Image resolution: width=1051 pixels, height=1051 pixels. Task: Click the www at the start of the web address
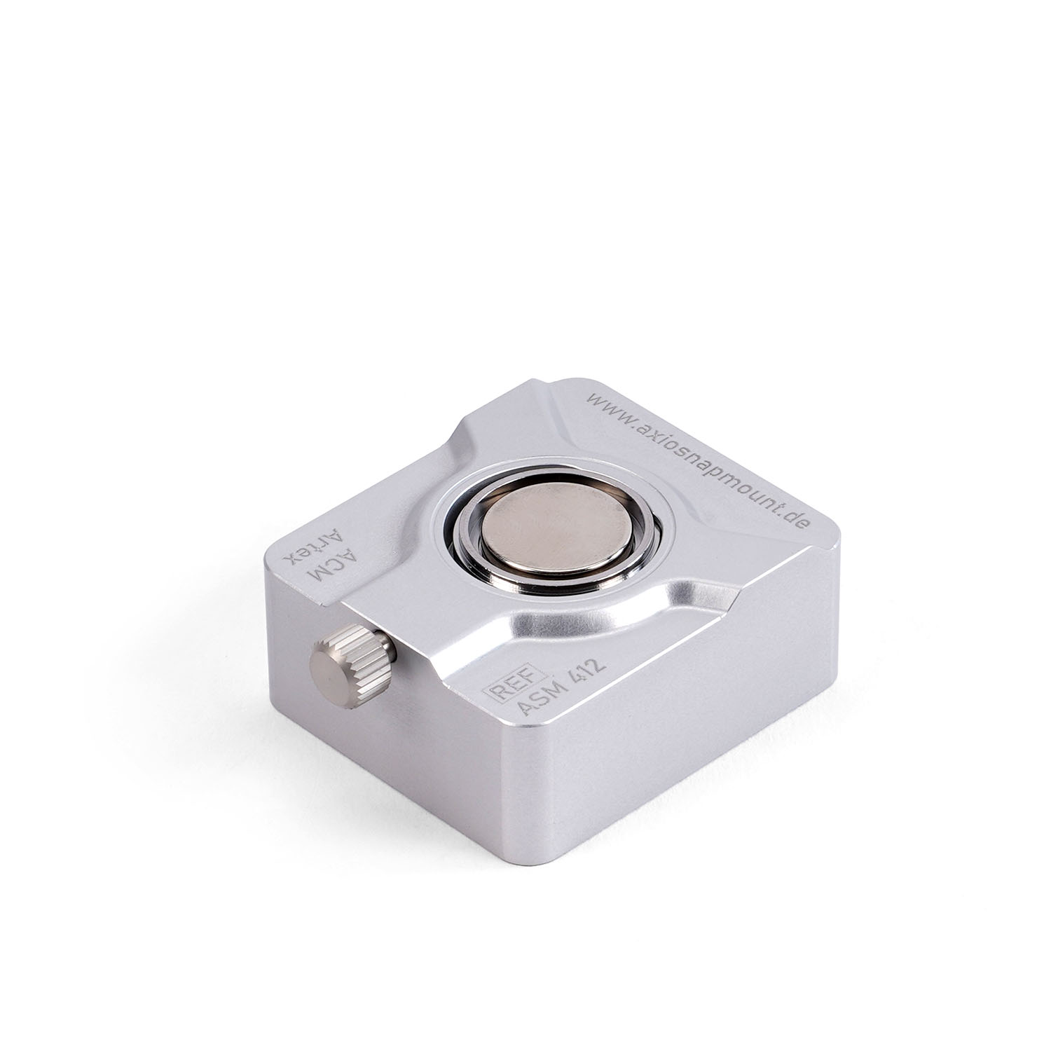[603, 406]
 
